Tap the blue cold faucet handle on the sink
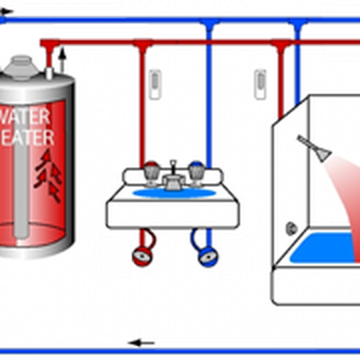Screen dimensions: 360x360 (x=195, y=170)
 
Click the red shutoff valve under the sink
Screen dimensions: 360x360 (x=142, y=255)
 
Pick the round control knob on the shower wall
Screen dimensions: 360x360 (x=292, y=227)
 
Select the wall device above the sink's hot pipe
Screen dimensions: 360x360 (x=155, y=85)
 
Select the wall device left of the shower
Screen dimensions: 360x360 (x=260, y=84)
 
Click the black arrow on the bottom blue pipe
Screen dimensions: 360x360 (x=143, y=343)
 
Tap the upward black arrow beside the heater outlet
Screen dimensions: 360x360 (x=61, y=58)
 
